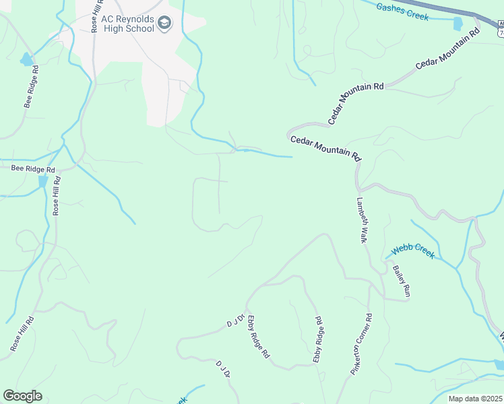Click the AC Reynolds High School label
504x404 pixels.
coord(127,25)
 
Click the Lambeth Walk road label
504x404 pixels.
coord(362,220)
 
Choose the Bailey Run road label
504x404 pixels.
coord(402,281)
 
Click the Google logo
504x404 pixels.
coord(22,396)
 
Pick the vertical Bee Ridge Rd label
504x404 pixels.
coord(32,87)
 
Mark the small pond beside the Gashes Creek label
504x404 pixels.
coord(458,24)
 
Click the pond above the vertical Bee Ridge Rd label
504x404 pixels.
coord(27,60)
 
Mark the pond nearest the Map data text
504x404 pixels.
coord(499,364)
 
